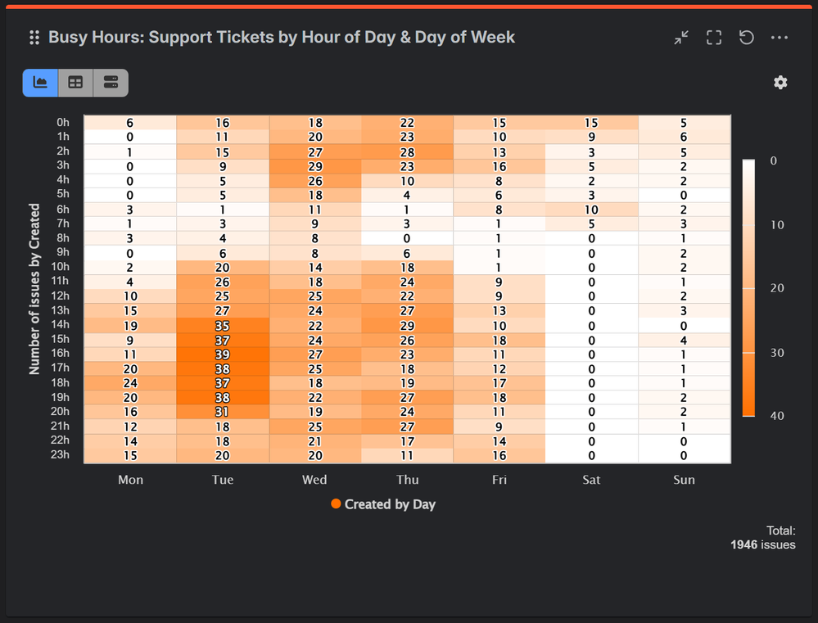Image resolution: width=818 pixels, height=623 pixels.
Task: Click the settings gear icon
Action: tap(780, 83)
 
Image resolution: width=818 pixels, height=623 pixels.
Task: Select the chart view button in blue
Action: tap(40, 83)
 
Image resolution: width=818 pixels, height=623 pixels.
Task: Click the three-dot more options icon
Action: tap(779, 38)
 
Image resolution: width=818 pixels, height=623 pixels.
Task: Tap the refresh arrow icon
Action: tap(746, 38)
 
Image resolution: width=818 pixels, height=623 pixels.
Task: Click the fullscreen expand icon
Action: tap(714, 38)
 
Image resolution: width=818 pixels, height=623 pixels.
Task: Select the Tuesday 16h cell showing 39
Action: tap(222, 354)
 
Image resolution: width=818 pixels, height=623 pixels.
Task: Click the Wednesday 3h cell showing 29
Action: tap(314, 166)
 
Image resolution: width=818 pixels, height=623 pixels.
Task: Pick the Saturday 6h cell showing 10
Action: tap(591, 210)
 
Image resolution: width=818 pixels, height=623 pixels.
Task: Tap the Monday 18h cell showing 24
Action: tap(130, 383)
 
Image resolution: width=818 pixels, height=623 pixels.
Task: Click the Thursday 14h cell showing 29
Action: tap(407, 326)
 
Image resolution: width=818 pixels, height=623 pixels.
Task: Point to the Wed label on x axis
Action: tap(314, 480)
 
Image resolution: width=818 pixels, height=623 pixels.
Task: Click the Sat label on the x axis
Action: tap(591, 480)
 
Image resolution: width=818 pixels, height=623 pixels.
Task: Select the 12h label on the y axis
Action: tap(60, 296)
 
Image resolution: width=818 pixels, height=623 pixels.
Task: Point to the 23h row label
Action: tap(60, 455)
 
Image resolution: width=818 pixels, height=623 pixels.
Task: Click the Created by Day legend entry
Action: tap(383, 504)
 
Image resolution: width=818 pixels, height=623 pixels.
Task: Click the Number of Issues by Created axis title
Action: tap(34, 289)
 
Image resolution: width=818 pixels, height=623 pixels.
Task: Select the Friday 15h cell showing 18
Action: tap(499, 340)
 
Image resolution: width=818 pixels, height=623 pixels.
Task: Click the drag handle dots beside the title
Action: tap(34, 38)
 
